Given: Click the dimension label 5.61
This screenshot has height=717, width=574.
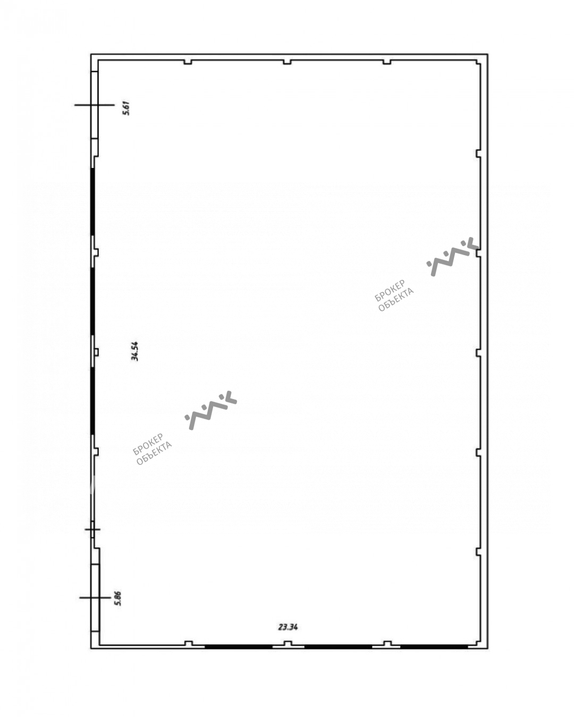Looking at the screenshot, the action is click(126, 107).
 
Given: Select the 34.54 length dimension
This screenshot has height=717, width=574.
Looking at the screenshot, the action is click(135, 351).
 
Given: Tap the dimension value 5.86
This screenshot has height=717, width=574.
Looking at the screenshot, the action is click(118, 598).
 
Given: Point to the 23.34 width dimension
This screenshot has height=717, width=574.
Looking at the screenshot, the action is click(288, 627).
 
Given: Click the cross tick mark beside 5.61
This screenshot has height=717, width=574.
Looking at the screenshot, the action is click(94, 105).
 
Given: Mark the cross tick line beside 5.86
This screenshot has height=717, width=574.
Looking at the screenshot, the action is click(95, 598).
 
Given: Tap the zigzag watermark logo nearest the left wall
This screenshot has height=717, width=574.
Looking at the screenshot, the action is click(210, 410).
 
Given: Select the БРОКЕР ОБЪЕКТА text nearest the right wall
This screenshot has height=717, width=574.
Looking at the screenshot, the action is click(394, 296).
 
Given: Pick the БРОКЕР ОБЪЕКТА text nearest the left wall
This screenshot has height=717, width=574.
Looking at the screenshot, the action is click(152, 449).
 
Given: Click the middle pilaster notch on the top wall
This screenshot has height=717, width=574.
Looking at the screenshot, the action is click(287, 62).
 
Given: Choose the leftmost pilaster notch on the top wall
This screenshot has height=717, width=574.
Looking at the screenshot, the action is click(188, 62).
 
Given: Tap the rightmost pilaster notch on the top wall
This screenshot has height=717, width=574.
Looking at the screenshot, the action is click(387, 62).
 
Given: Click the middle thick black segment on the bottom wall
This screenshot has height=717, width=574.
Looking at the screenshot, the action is click(338, 647).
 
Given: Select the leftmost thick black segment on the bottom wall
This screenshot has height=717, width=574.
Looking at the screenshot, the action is click(239, 647).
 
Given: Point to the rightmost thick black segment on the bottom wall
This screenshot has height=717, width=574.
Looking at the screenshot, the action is click(434, 647).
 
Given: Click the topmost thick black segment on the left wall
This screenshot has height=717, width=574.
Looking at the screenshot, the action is click(92, 202).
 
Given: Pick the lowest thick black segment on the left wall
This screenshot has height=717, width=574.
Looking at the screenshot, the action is click(92, 401).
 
